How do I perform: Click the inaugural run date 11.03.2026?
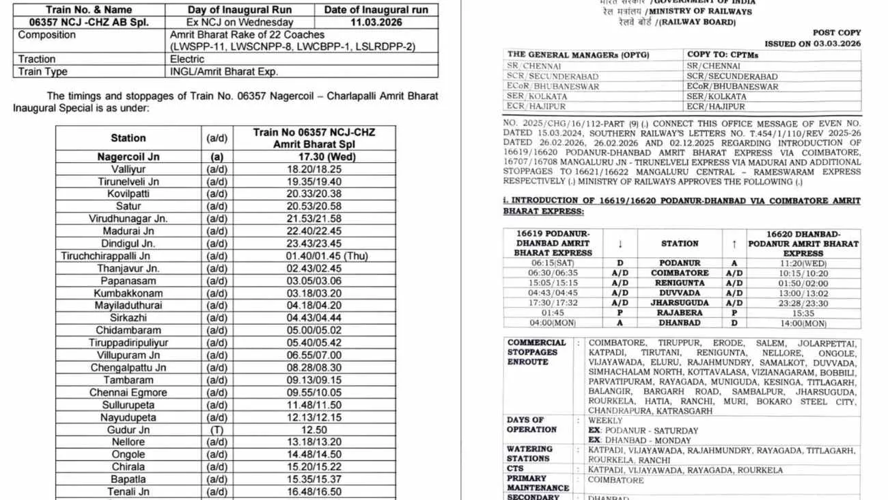pos(376,22)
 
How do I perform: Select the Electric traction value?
pos(186,59)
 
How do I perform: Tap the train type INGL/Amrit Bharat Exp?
pos(224,71)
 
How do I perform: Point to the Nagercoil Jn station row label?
pos(128,157)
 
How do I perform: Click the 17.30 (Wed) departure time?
pos(314,157)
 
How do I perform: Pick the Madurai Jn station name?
pos(128,231)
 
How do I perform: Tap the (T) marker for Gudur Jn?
pos(217,430)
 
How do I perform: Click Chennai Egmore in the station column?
pos(128,393)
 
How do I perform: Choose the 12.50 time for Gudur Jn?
pos(314,430)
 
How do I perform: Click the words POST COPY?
pos(837,32)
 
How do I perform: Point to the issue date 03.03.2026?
pos(834,44)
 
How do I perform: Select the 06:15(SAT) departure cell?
pos(553,263)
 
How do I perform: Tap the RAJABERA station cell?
pos(680,313)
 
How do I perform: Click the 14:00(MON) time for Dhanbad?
pos(803,324)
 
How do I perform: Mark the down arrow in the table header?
pos(620,244)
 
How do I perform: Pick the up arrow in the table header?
pos(734,244)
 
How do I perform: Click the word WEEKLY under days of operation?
pos(606,421)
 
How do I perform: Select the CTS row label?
pos(516,469)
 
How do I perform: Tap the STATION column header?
pos(680,244)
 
